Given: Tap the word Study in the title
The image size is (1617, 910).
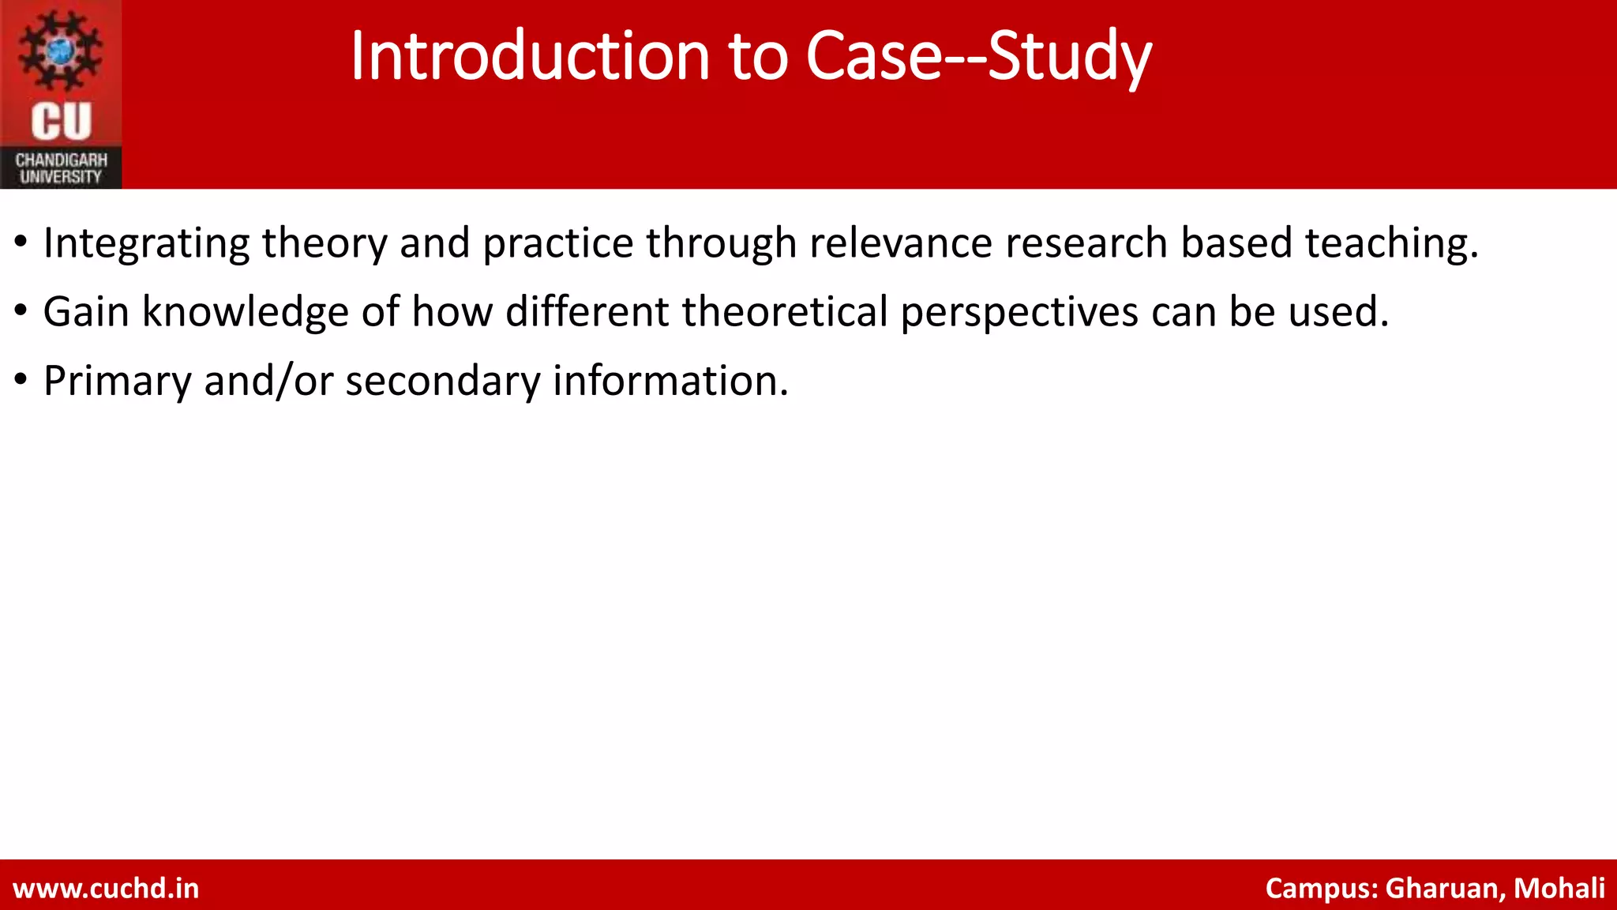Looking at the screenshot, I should coord(1069,57).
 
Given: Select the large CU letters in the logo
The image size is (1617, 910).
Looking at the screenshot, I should coord(61,122).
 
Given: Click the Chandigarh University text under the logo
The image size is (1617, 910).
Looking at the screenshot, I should coord(61,168).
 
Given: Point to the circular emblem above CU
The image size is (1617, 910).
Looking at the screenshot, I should coord(61,51).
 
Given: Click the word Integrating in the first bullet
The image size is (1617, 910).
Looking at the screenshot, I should coord(146,243).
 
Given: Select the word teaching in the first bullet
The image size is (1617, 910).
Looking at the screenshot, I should coord(1390,243).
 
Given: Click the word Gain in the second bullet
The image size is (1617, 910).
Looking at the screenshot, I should coord(85,311).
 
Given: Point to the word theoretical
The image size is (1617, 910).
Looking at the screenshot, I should coord(785,311).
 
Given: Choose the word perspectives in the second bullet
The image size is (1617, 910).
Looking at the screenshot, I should coord(1019,313).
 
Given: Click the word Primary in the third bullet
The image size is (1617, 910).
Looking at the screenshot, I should coord(117,382).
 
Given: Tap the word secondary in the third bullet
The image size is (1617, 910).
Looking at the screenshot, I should coord(442,382).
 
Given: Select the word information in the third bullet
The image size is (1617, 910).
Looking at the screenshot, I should coord(670,381).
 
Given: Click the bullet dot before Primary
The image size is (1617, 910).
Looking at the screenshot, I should coord(21,378).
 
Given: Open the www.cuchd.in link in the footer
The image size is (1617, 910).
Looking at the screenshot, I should coord(106,888).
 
